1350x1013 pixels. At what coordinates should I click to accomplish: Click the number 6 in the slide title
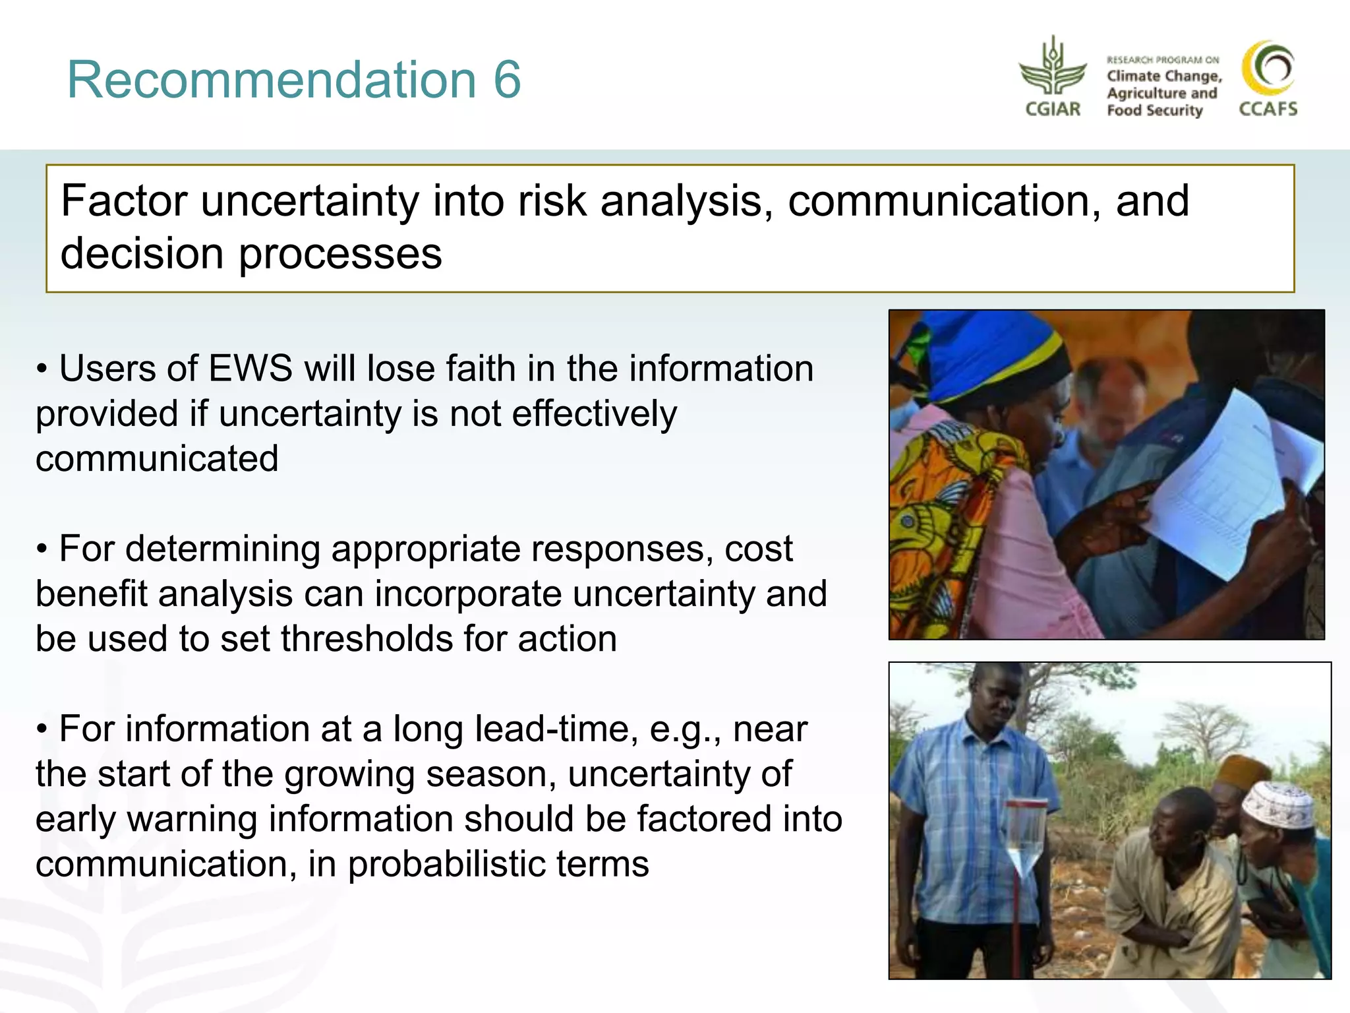pos(507,80)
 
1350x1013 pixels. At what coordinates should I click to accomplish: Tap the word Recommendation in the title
pos(271,80)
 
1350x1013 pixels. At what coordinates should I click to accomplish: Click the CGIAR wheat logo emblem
pos(1053,69)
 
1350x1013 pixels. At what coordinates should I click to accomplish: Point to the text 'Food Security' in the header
pos(1155,110)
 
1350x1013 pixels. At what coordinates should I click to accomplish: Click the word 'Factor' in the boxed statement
pos(124,200)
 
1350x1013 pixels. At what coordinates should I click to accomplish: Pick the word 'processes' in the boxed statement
pos(340,255)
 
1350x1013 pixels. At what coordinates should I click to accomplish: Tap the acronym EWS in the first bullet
pos(250,368)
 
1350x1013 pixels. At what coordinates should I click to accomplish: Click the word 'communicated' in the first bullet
pos(157,458)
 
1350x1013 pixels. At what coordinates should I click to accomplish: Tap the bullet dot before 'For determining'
pos(42,549)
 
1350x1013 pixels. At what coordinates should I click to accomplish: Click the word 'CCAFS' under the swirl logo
pos(1268,109)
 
